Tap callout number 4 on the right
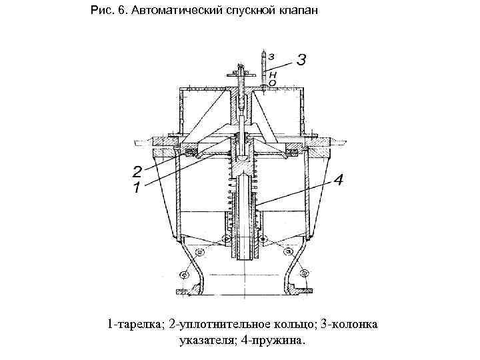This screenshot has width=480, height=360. point(338,180)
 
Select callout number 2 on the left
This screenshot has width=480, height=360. point(137,170)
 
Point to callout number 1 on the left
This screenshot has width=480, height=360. point(137,187)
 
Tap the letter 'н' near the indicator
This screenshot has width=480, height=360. point(274,74)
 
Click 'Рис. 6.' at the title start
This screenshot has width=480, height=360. point(107,12)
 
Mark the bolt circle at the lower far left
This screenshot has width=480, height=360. point(184,273)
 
